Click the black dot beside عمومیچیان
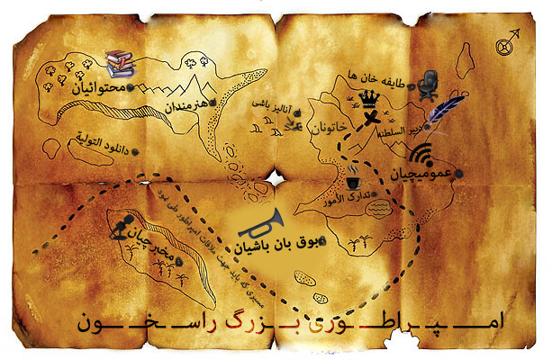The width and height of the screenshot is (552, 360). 459,172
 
